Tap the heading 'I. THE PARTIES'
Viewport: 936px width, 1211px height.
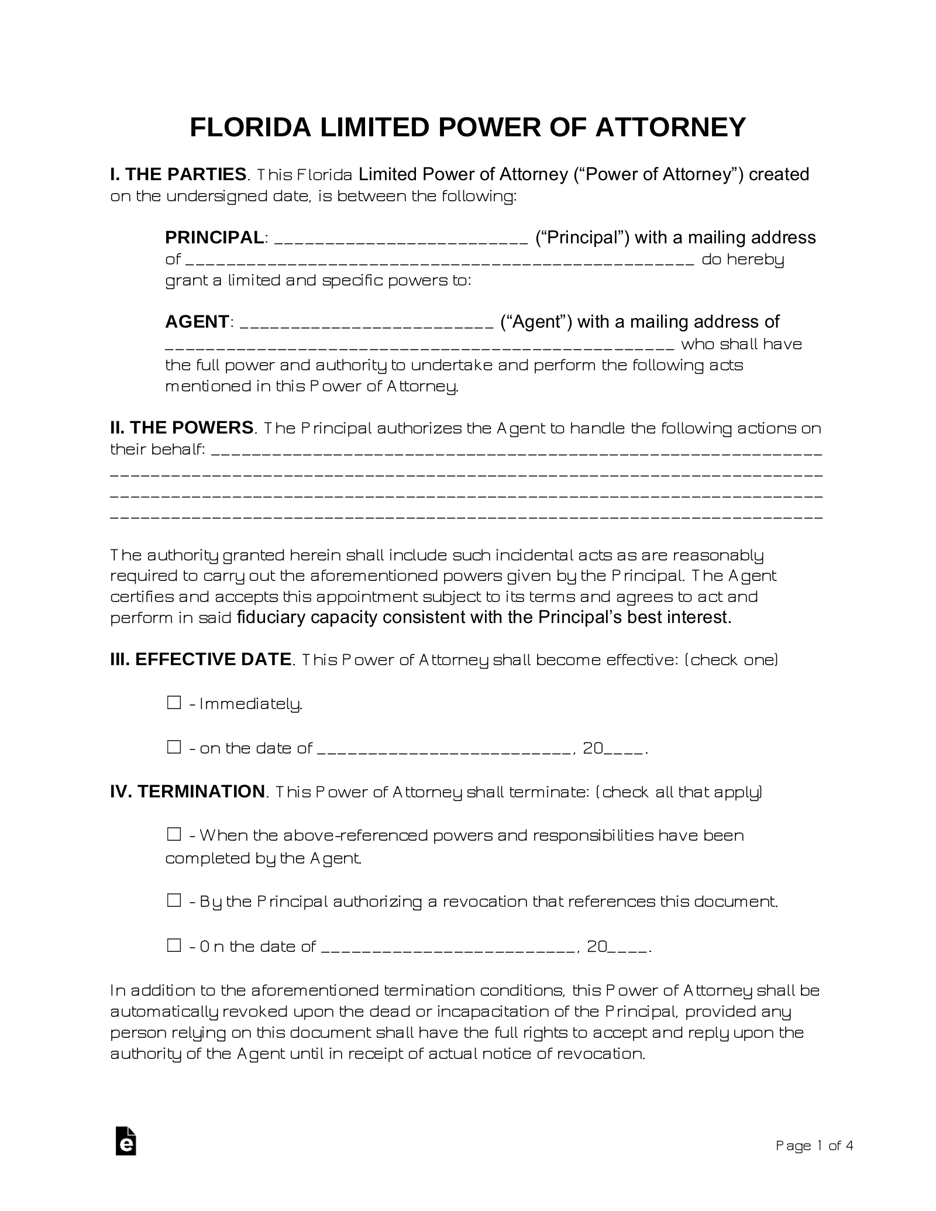pos(178,174)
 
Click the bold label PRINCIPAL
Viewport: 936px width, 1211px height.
pos(215,238)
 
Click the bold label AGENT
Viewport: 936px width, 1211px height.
pos(197,322)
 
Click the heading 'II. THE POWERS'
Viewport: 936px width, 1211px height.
pos(182,428)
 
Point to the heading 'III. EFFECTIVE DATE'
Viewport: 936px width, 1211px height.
pos(201,659)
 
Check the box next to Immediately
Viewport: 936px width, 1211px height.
pos(174,703)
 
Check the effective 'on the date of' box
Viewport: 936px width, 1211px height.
pos(174,747)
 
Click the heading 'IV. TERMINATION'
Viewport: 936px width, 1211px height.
pos(188,792)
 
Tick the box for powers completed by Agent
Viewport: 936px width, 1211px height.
pos(174,835)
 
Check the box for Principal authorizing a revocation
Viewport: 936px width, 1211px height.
pos(174,901)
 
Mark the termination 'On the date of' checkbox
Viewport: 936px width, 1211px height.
pos(174,945)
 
